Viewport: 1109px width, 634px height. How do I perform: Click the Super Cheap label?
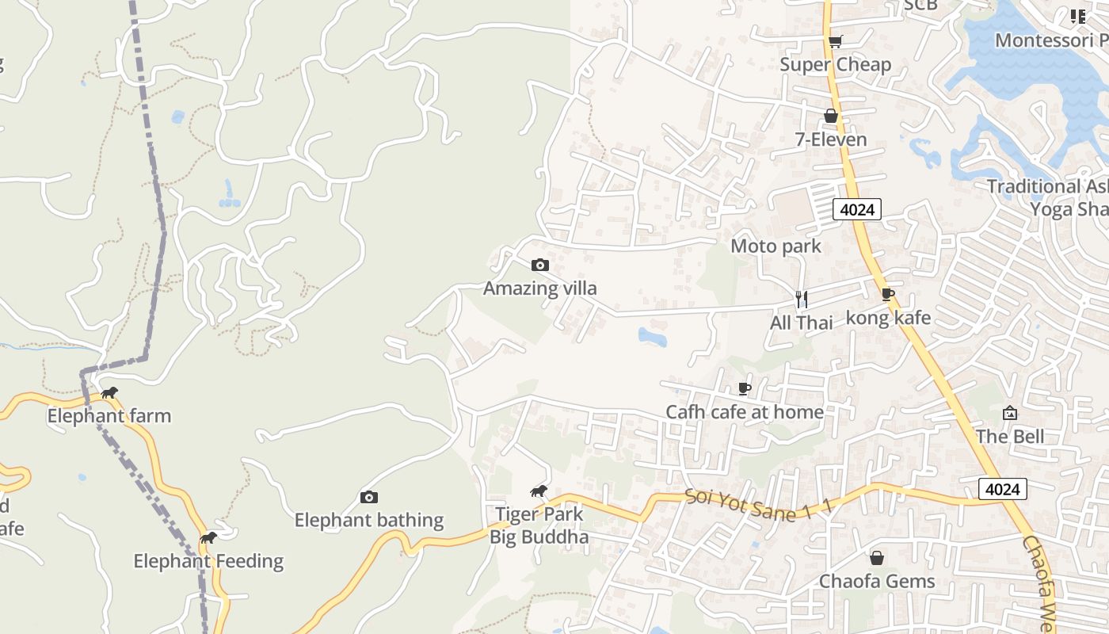click(835, 65)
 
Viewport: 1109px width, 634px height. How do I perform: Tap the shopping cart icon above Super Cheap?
click(835, 41)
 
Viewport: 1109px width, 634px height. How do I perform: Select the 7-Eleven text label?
click(830, 140)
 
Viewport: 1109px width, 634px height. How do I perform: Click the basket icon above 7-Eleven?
click(830, 116)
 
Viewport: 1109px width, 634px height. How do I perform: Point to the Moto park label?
click(776, 246)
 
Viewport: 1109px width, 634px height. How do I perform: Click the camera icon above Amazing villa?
click(540, 265)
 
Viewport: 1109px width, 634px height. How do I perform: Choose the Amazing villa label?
click(539, 288)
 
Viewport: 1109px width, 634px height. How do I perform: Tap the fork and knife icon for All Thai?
click(802, 299)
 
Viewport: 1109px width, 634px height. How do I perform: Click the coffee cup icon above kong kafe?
click(888, 295)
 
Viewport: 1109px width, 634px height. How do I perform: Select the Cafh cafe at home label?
click(745, 412)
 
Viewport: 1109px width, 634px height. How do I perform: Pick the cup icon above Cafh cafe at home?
click(744, 388)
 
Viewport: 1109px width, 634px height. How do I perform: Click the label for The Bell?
click(1010, 437)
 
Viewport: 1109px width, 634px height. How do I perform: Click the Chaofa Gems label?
click(877, 582)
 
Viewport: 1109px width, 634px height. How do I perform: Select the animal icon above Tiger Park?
click(539, 492)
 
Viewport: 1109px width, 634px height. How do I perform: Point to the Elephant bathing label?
click(369, 521)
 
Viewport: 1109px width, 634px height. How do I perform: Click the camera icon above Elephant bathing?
click(369, 498)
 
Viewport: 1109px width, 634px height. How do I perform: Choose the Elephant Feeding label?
click(208, 562)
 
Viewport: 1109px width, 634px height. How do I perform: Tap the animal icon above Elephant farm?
click(109, 393)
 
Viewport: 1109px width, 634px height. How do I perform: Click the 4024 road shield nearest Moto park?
click(857, 209)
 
